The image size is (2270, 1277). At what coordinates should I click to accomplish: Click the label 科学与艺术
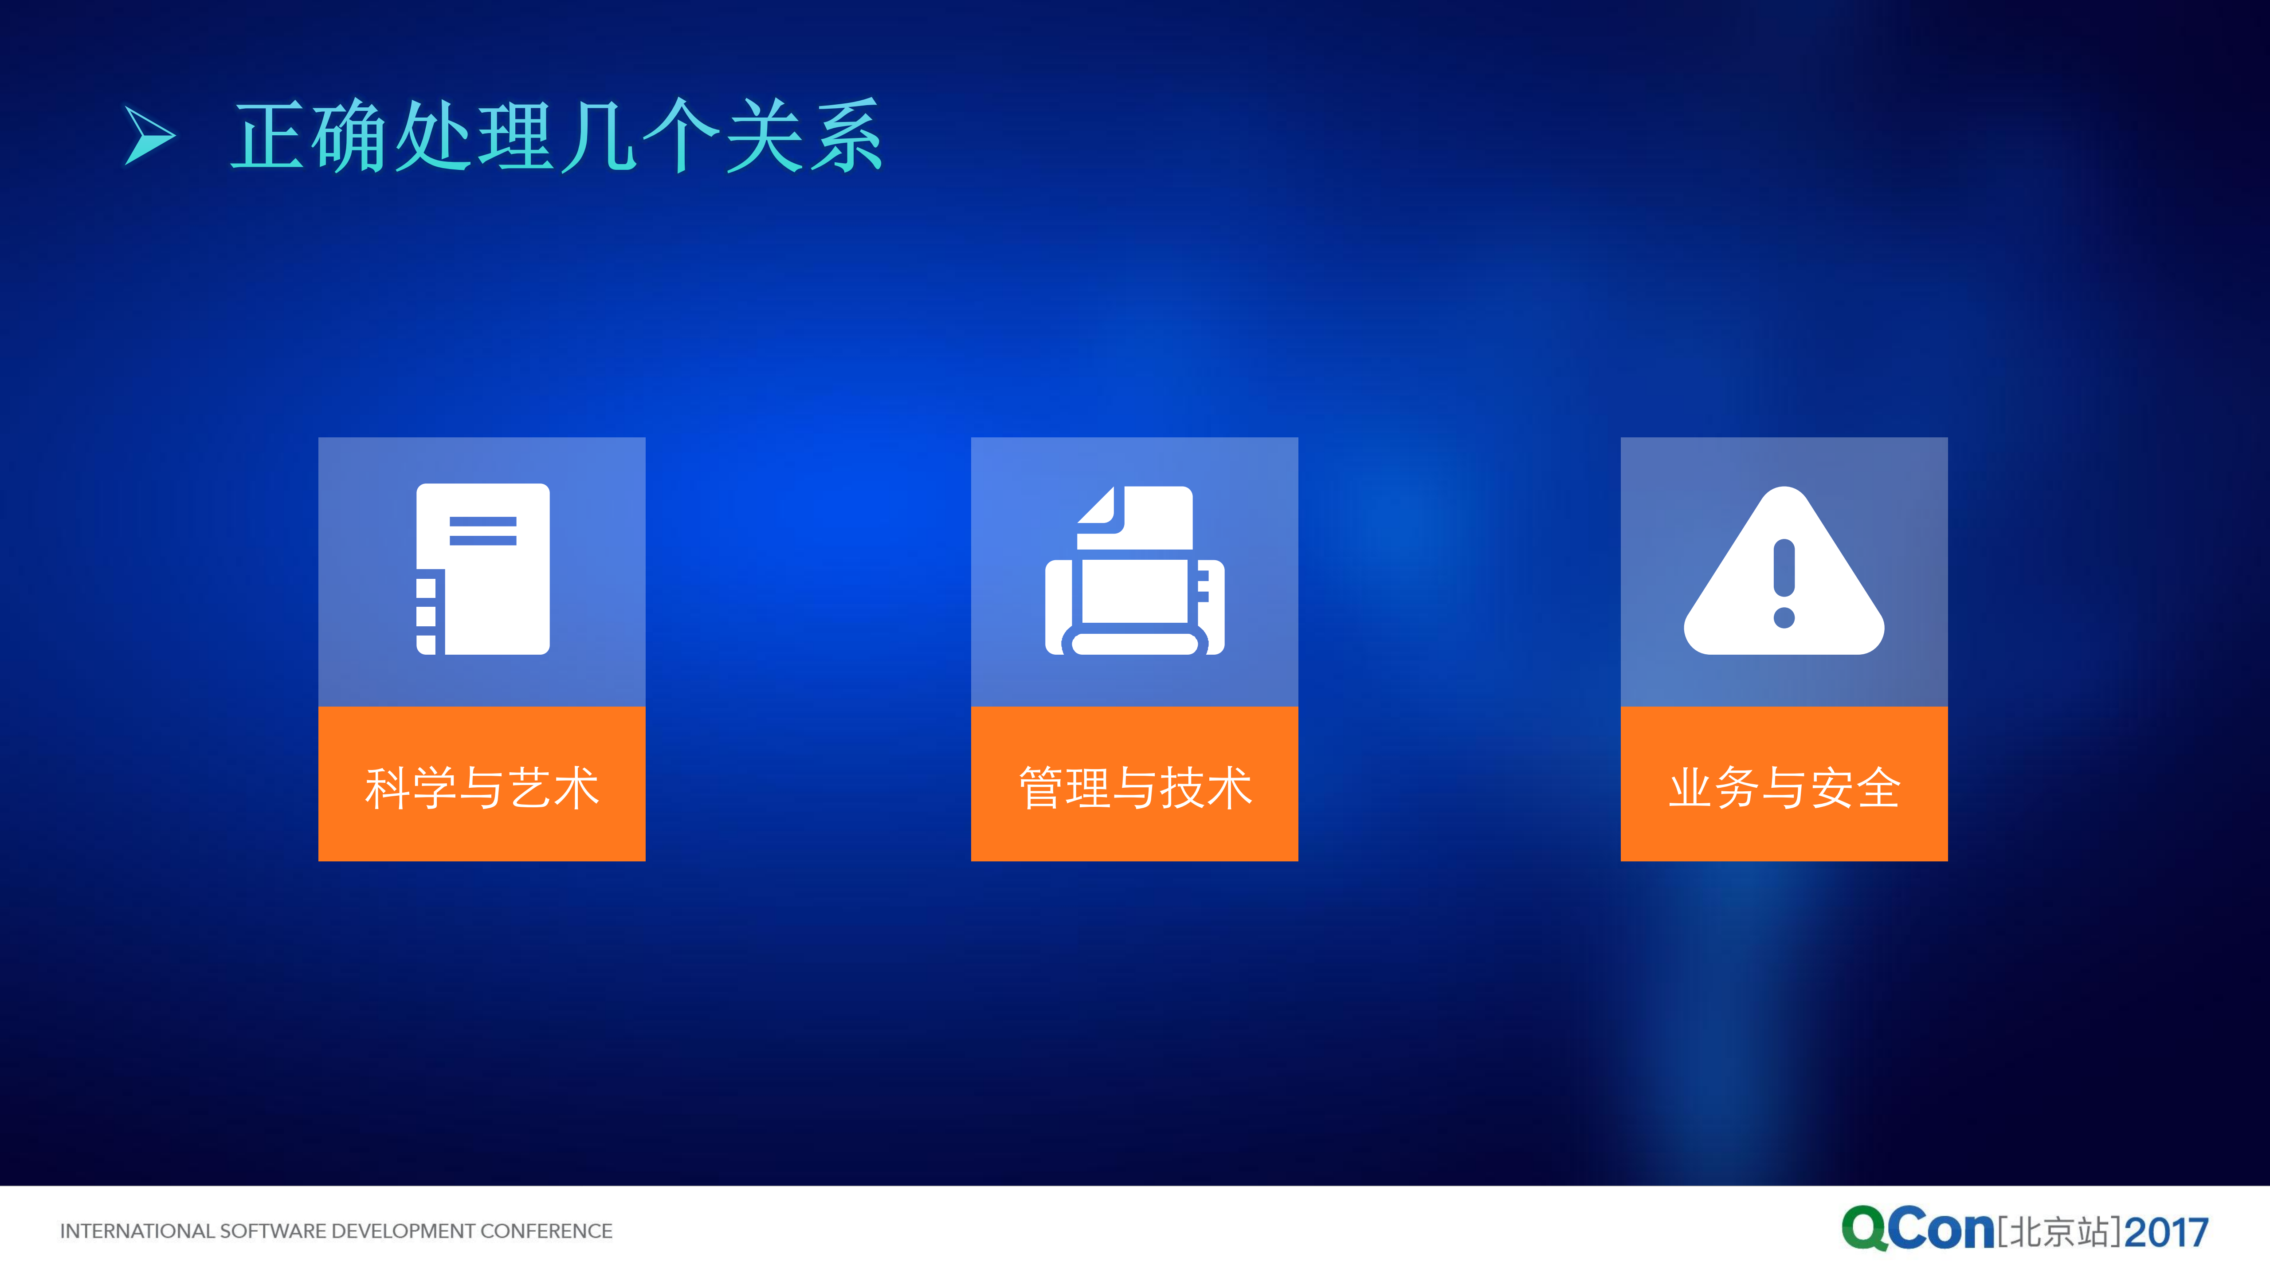point(482,787)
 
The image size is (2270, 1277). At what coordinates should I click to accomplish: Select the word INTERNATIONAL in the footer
point(137,1231)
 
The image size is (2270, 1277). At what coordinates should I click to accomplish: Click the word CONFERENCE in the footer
point(546,1231)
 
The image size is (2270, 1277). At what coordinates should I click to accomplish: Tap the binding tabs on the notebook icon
point(426,615)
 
